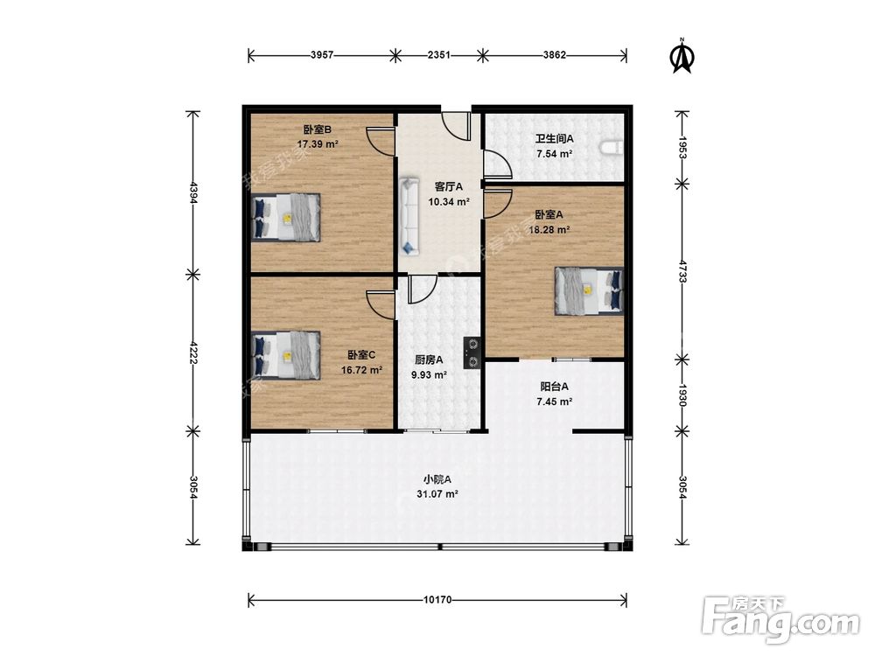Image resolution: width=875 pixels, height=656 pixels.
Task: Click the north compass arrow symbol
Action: point(682,56)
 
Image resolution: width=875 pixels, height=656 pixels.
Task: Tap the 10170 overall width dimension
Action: point(437,600)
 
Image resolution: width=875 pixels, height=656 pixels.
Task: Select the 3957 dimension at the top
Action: point(322,54)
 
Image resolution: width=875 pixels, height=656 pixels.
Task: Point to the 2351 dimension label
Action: point(438,54)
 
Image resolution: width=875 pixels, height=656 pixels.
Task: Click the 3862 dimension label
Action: point(555,54)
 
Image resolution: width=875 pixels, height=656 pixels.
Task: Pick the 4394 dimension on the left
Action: point(193,192)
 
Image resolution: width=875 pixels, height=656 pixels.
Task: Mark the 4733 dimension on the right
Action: point(682,269)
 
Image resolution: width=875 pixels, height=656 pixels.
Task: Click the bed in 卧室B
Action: point(286,218)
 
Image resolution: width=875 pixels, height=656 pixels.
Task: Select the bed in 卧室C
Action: point(286,356)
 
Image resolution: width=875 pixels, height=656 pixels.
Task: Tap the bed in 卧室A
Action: point(589,290)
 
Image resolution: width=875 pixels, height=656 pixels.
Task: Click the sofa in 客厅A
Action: point(410,216)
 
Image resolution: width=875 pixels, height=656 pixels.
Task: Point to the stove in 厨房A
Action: point(472,353)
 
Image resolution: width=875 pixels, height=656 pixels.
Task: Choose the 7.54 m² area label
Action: point(554,154)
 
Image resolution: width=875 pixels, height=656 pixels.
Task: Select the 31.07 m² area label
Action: point(437,493)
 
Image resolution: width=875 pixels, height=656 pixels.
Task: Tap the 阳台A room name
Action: point(554,387)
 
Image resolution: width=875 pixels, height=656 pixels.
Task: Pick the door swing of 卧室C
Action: point(381,304)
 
